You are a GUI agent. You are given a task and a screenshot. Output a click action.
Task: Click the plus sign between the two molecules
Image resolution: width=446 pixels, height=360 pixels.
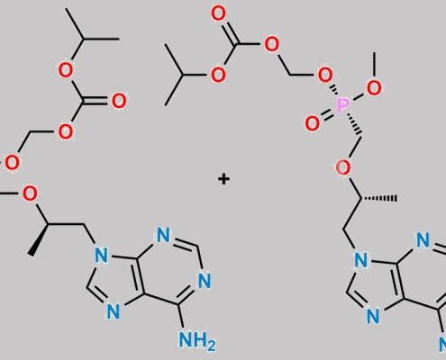coord(223,179)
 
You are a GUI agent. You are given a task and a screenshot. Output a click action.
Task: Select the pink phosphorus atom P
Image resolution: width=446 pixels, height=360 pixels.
coord(342,105)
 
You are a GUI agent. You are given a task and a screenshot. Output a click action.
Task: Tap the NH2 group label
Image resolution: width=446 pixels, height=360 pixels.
coord(197,341)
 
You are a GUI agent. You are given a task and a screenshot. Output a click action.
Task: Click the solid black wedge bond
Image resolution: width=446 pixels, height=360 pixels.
coord(39,240)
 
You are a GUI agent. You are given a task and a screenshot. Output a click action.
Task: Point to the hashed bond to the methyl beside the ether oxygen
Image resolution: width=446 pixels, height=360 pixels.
coord(379,198)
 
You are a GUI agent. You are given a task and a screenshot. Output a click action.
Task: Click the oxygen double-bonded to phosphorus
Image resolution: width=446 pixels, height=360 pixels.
coord(312,123)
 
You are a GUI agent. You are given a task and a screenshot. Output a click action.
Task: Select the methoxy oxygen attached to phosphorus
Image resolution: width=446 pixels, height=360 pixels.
coord(374,88)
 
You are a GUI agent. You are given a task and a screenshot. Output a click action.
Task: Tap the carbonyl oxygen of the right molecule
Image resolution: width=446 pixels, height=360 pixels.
coord(218,14)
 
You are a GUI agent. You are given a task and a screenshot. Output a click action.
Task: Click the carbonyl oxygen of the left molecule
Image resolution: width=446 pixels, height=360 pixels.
coord(119,101)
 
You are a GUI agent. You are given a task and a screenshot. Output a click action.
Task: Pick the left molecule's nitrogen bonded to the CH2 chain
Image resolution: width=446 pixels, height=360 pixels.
coord(101,256)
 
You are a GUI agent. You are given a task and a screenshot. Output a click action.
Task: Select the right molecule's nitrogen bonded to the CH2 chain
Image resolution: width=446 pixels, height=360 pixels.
coord(360,260)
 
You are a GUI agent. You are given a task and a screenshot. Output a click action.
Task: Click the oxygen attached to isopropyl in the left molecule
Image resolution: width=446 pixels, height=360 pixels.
coord(65,70)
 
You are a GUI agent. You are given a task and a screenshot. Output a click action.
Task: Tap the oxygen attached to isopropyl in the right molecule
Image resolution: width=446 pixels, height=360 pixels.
coord(218,75)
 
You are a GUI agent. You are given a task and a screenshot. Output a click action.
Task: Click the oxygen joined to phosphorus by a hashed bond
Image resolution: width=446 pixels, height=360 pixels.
coord(325,75)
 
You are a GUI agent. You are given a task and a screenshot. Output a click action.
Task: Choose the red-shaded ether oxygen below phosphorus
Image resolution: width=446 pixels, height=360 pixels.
coord(342,167)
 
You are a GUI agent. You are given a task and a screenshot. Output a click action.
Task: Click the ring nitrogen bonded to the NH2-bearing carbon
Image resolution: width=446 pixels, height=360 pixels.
coord(205,281)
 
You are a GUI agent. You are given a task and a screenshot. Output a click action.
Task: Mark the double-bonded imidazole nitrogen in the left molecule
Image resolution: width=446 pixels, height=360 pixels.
coord(114,311)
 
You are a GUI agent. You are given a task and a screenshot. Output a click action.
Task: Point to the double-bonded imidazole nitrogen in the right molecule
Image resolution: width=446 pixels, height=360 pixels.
coord(373,316)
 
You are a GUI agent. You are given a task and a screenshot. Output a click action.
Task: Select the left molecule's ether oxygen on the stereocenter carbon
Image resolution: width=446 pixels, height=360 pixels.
coord(30,193)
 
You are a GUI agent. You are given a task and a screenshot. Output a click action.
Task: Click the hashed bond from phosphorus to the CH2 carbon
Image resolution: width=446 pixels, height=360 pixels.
coord(353,124)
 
